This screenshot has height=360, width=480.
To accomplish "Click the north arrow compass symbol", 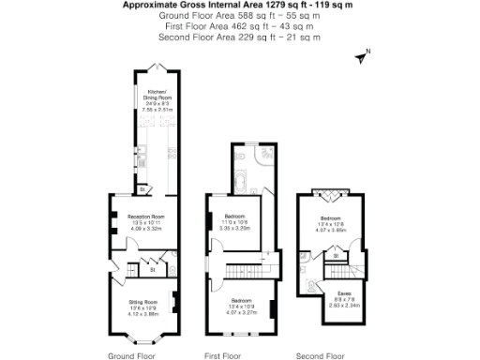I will pyautogui.click(x=362, y=56).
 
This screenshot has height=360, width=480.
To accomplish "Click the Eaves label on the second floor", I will pyautogui.click(x=340, y=292).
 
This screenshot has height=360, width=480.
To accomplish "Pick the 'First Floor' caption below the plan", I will pyautogui.click(x=224, y=356).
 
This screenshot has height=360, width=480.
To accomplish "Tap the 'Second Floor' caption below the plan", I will pyautogui.click(x=321, y=356).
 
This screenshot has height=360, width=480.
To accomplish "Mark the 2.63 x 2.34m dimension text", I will pyautogui.click(x=340, y=305).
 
